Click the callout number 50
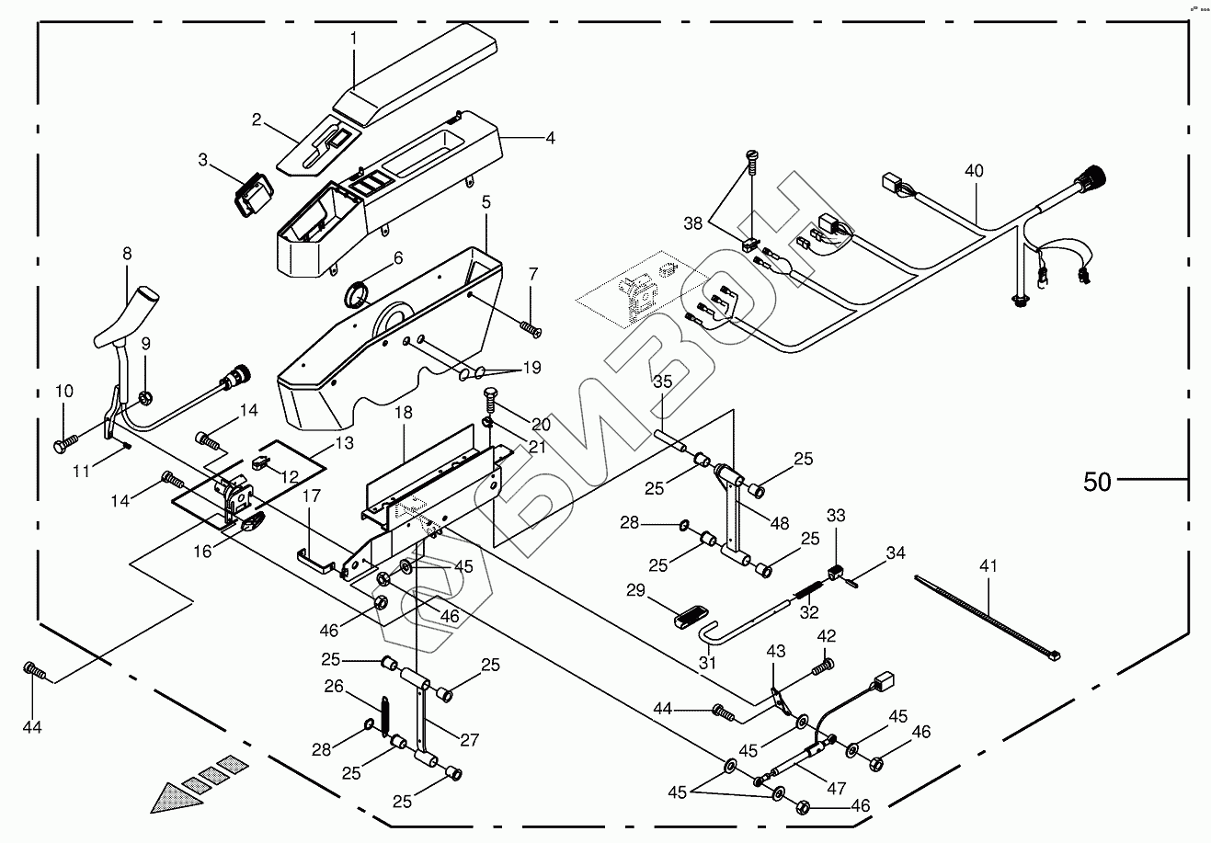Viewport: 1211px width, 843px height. click(x=1097, y=481)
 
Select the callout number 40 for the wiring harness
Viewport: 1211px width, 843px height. click(x=974, y=171)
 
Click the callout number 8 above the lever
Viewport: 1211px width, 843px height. click(x=127, y=254)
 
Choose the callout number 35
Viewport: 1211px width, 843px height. click(x=663, y=381)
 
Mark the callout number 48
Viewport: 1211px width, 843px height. click(x=780, y=524)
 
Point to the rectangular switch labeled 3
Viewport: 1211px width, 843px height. click(x=252, y=196)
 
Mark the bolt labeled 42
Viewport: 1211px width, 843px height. click(x=824, y=661)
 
